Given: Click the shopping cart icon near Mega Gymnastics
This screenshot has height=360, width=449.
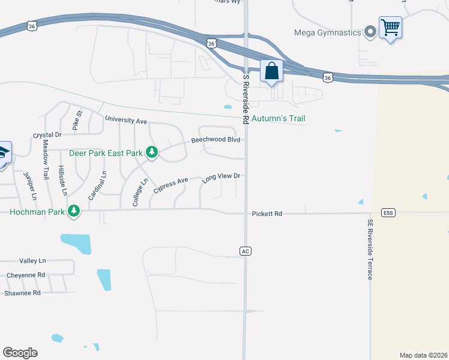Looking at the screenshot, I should coord(390,27).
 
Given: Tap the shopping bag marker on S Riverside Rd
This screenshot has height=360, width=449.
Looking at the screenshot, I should coord(271,71).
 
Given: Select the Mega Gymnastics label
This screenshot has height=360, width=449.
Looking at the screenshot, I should coord(327,32).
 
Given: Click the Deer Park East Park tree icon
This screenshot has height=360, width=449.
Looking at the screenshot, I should coord(152,153).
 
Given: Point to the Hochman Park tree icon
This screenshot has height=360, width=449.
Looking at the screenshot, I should coord(74,211).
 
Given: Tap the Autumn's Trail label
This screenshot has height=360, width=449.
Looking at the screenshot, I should coord(279,119).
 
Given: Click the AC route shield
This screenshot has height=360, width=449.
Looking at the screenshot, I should coord(244,251).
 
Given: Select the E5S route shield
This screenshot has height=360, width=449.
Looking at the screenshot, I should coord(388,213).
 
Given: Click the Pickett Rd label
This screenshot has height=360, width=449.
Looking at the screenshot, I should coord(267,214).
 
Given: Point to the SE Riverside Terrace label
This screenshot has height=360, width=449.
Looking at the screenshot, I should coord(370,249).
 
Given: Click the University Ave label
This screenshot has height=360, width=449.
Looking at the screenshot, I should coord(126,121).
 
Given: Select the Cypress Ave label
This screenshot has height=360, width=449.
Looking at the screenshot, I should coord(171,184).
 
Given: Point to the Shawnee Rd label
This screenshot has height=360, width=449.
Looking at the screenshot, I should coord(22,293).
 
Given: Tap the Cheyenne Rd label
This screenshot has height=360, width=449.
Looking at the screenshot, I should coord(26,275).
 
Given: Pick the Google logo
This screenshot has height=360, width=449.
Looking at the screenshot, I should coord(20,353).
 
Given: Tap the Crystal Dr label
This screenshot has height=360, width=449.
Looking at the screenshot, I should coord(47,135).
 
